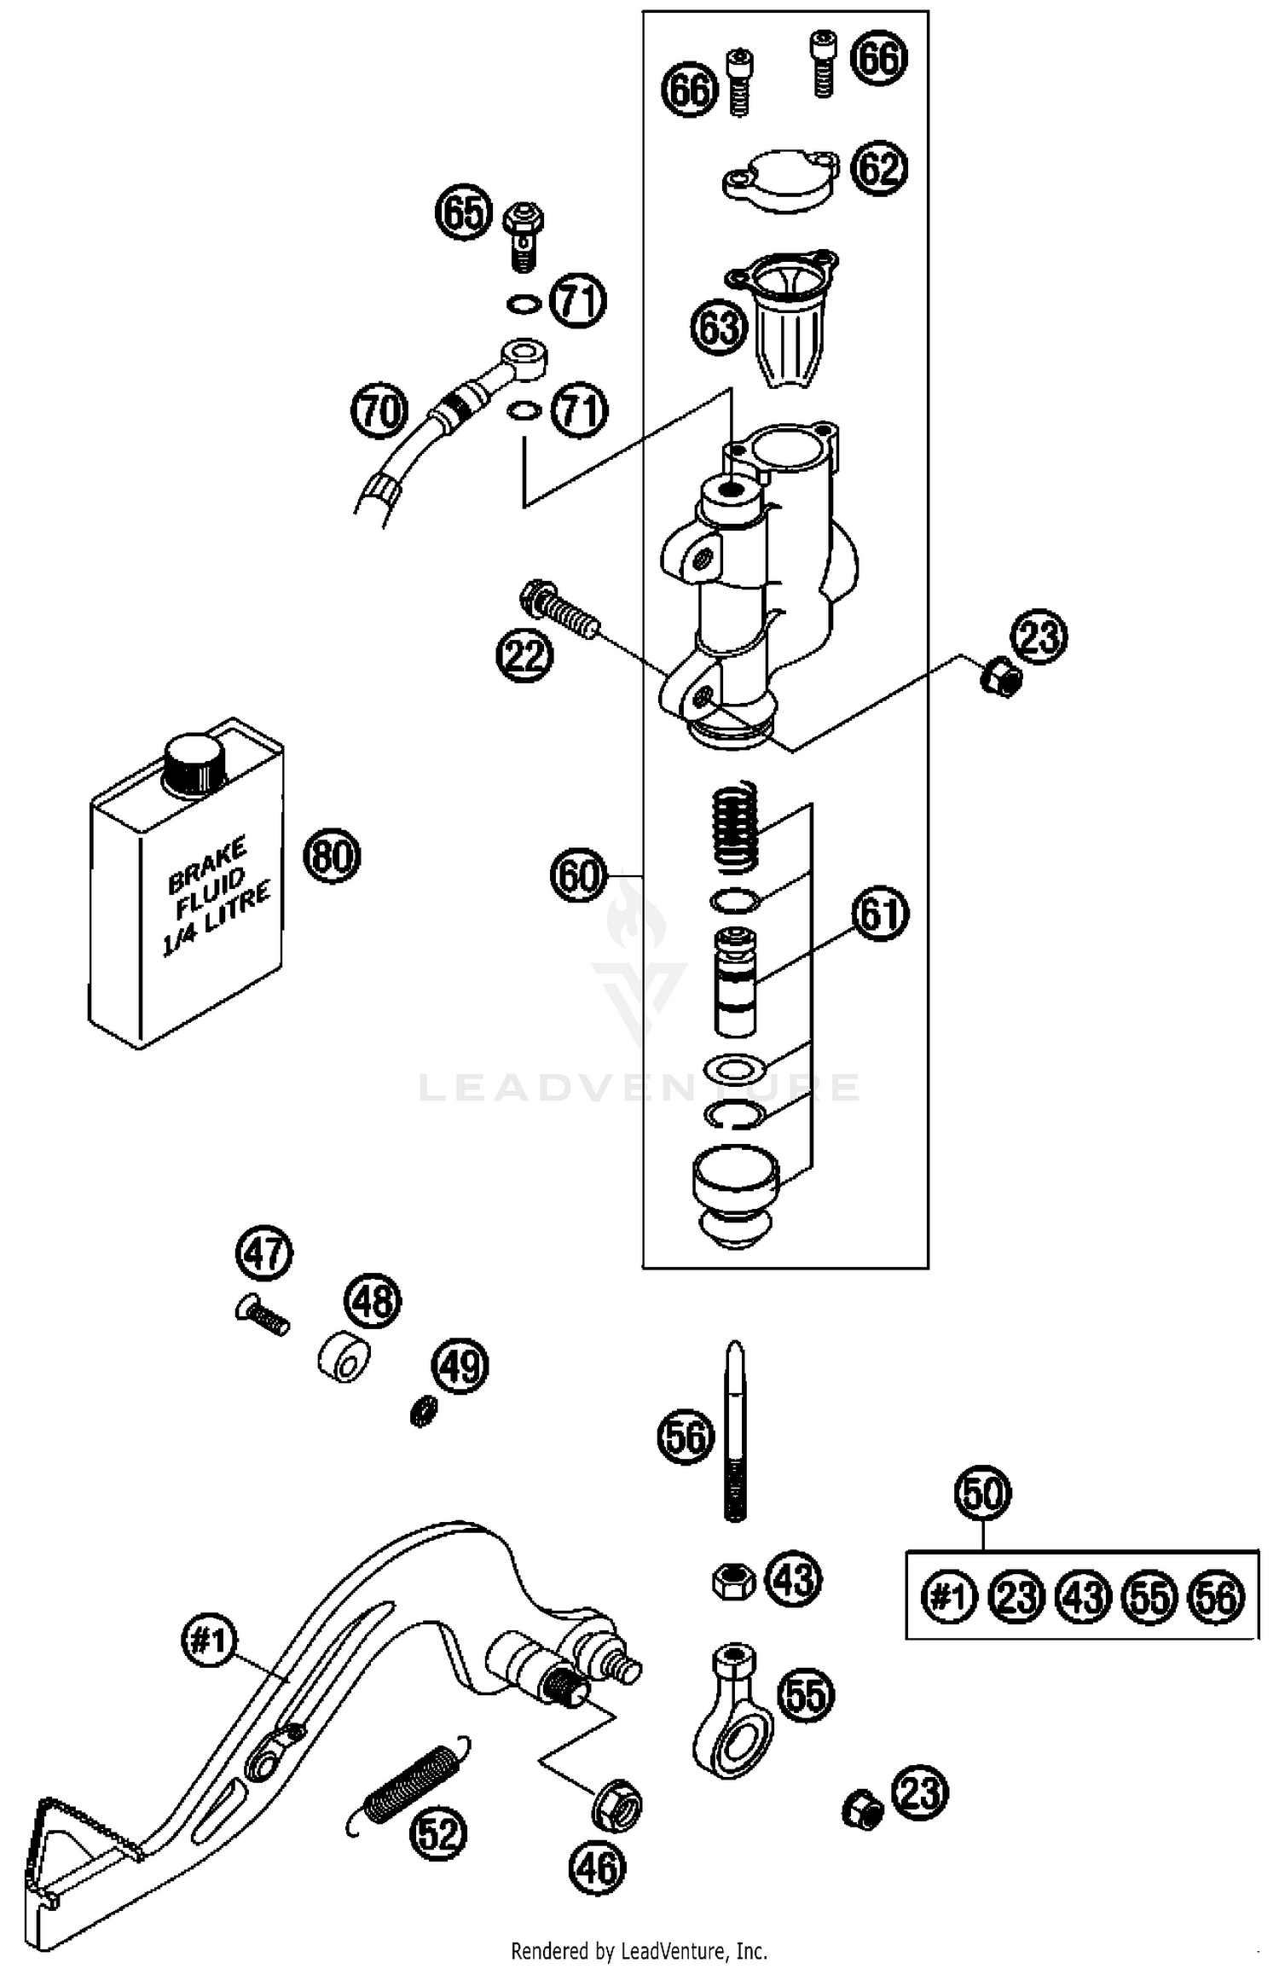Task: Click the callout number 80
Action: tap(332, 855)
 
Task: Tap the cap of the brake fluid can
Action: tap(194, 762)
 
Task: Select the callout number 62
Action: tap(880, 167)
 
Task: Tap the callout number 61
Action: tap(880, 914)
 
